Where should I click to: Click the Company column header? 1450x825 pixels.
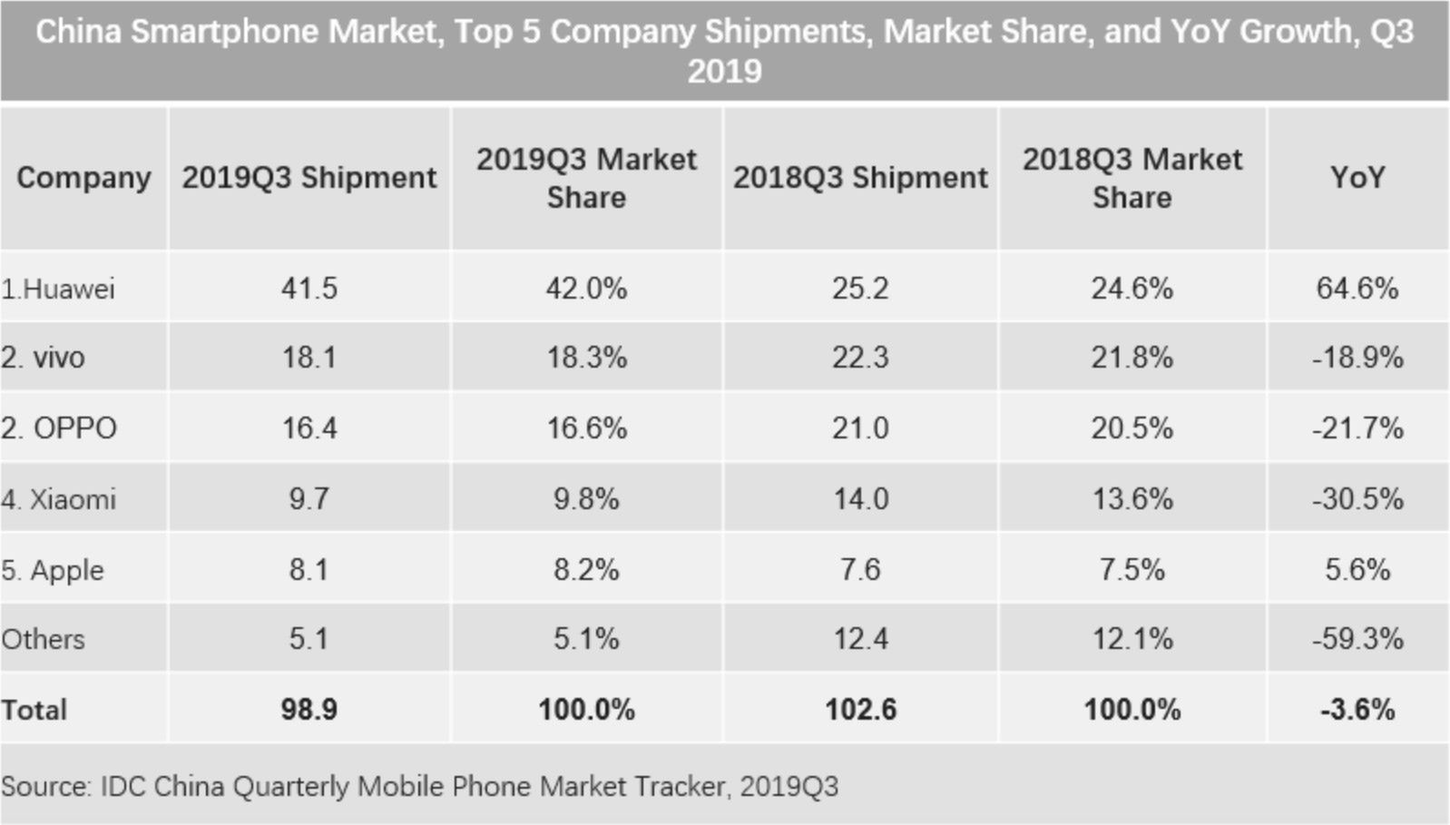pyautogui.click(x=83, y=178)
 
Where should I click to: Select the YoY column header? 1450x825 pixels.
pyautogui.click(x=1357, y=178)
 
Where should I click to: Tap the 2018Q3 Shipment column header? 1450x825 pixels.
pyautogui.click(x=860, y=178)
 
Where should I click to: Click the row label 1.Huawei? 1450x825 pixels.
pyautogui.click(x=58, y=289)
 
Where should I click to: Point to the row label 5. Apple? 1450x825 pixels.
pyautogui.click(x=53, y=570)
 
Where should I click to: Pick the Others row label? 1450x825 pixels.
pyautogui.click(x=43, y=639)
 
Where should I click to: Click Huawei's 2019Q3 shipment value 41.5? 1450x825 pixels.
pyautogui.click(x=309, y=289)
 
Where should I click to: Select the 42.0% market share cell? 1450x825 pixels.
pyautogui.click(x=586, y=289)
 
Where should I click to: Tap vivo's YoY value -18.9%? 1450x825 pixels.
pyautogui.click(x=1357, y=358)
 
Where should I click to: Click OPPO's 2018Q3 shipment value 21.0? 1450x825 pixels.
pyautogui.click(x=860, y=427)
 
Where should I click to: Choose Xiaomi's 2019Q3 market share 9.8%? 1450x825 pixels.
pyautogui.click(x=586, y=499)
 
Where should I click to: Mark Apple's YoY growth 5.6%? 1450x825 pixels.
pyautogui.click(x=1357, y=570)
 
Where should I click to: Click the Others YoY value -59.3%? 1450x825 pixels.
pyautogui.click(x=1357, y=639)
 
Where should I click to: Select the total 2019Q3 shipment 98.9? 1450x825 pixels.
pyautogui.click(x=309, y=709)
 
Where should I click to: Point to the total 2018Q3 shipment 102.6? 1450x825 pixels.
pyautogui.click(x=860, y=709)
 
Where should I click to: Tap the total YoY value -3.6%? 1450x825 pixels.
pyautogui.click(x=1357, y=709)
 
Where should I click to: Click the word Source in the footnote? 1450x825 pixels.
pyautogui.click(x=45, y=786)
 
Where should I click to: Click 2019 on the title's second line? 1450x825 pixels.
pyautogui.click(x=724, y=71)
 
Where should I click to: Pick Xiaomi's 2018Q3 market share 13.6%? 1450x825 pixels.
pyautogui.click(x=1132, y=499)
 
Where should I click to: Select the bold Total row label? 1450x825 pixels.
pyautogui.click(x=34, y=709)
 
